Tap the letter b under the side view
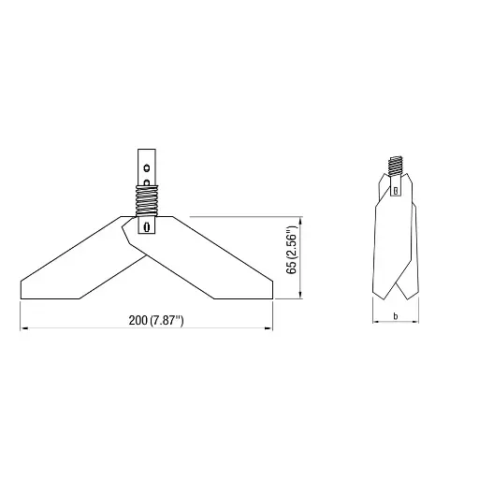coord(396,317)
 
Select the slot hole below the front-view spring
coord(146,225)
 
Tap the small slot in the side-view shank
coord(397,191)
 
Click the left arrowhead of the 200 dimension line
coord(22,328)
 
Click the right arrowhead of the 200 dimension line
coord(271,328)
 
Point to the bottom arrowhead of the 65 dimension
coord(299,297)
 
